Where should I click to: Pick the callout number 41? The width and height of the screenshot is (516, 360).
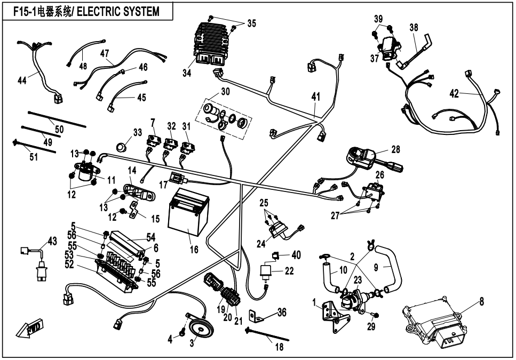click(x=316, y=97)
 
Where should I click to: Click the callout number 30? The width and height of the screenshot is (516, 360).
click(x=225, y=92)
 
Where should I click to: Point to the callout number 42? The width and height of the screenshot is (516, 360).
click(x=454, y=94)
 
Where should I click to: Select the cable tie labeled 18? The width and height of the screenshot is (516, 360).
click(x=267, y=337)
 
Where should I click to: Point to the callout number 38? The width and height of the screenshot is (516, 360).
click(x=414, y=27)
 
